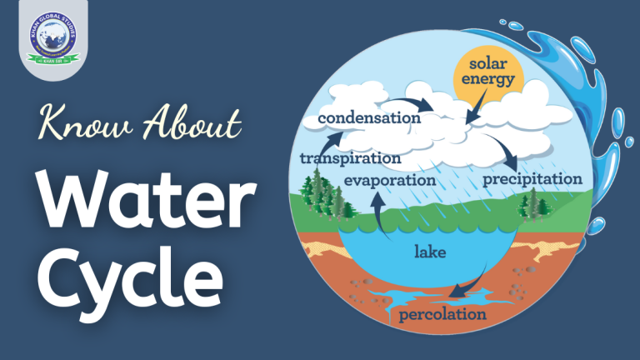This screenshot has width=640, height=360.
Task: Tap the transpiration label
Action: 350,157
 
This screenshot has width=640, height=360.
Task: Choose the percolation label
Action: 442,314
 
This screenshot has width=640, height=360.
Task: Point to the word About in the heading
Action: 184,127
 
